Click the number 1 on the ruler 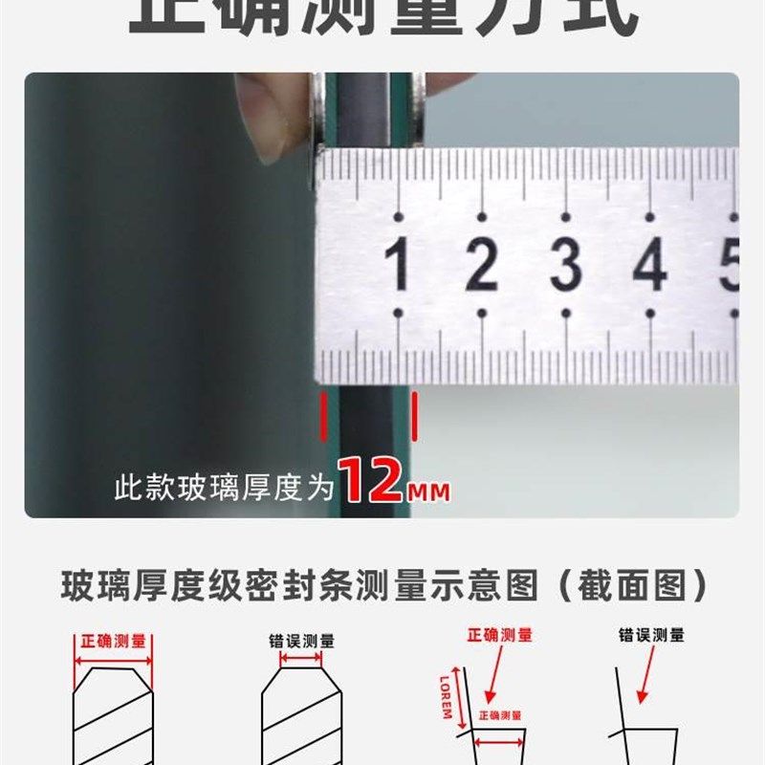398,265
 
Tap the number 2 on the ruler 482,265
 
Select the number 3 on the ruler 566,265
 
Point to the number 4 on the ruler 650,265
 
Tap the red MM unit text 428,492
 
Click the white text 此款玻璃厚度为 224,489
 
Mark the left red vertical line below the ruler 323,417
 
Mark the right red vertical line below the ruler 414,417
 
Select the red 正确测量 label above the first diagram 114,642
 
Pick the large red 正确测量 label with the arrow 499,634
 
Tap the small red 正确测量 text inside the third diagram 499,714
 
